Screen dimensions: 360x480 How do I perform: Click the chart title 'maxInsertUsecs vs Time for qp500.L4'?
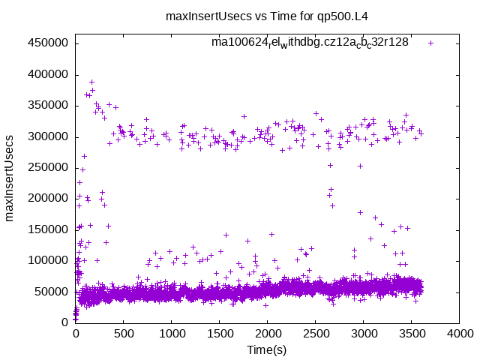tap(277, 15)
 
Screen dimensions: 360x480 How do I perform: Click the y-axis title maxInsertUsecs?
tap(10, 178)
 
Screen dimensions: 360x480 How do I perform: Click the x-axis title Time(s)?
tap(267, 350)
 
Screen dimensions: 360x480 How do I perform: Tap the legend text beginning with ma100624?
tap(310, 43)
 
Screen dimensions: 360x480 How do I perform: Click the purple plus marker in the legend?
tap(430, 43)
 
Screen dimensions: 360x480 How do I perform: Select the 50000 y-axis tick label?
tap(50, 291)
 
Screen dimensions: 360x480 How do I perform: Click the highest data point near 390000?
tap(92, 82)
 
